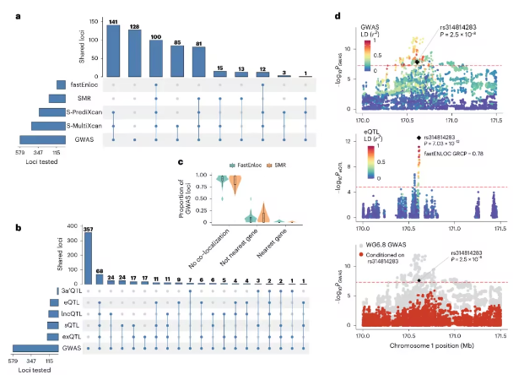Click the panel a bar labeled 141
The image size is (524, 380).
pos(114,48)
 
